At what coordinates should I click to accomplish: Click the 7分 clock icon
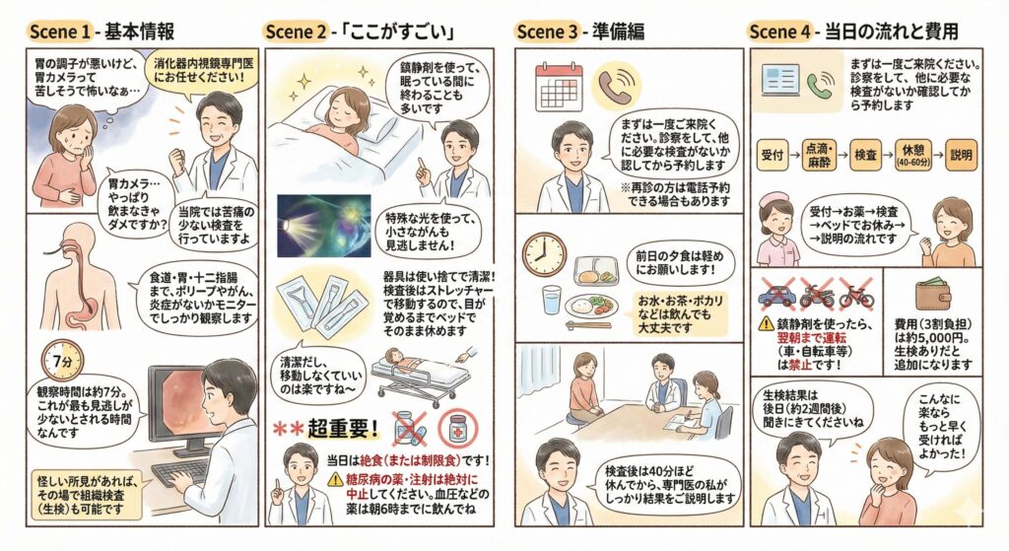pos(62,361)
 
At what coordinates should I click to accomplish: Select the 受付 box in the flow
pos(773,155)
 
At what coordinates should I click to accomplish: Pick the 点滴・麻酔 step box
pos(819,155)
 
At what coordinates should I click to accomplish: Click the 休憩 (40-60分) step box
pos(913,155)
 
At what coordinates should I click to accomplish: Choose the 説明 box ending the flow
pos(961,155)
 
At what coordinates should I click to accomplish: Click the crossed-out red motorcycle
pos(817,294)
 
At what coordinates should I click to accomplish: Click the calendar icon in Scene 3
pos(560,87)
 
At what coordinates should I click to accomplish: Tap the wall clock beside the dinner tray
pos(544,254)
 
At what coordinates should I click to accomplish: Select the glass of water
pos(552,300)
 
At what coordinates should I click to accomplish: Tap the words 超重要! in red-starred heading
pos(343,429)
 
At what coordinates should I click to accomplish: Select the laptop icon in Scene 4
pos(780,81)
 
